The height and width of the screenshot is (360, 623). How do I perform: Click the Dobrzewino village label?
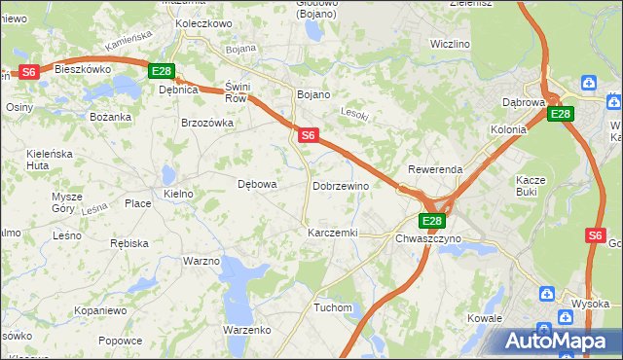point(341,186)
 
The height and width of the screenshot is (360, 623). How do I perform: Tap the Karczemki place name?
point(333,234)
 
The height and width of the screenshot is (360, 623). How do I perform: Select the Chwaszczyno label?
point(428,238)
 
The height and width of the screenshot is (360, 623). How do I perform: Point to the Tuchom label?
point(332,307)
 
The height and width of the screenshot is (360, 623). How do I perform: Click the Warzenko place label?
point(246,330)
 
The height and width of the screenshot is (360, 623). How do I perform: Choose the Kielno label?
point(178,194)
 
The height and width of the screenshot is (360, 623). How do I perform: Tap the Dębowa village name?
point(258,184)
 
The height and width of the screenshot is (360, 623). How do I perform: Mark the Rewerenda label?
point(435,169)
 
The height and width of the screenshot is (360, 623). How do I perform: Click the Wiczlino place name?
point(450,44)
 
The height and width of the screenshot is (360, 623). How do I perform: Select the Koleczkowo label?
point(203,22)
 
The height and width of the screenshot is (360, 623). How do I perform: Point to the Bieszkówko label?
point(83,70)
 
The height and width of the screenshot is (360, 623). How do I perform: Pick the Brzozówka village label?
point(207,123)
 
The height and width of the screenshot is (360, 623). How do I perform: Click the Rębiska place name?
point(128,243)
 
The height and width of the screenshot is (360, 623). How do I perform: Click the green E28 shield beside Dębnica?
point(162,71)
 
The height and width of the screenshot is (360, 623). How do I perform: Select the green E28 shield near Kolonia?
point(560,114)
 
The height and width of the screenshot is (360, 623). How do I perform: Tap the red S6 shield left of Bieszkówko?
point(28,71)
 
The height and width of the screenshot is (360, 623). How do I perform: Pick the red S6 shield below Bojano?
point(308,136)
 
